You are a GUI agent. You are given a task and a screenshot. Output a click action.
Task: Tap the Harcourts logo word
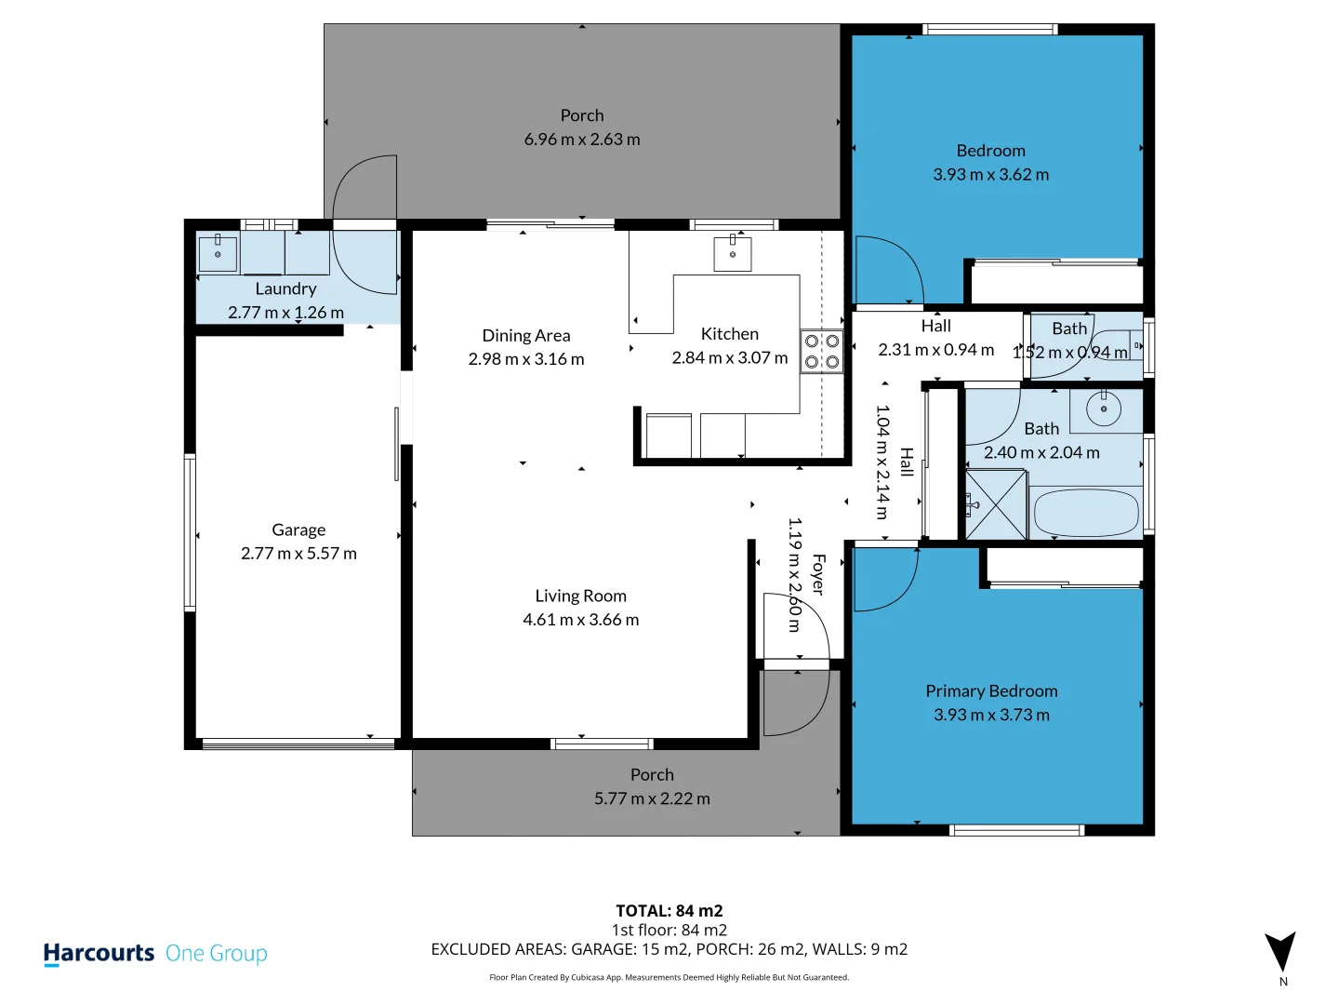tap(99, 953)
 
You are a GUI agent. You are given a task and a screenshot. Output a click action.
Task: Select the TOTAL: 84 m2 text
tap(669, 911)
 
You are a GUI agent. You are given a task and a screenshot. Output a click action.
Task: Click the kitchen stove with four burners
tap(822, 352)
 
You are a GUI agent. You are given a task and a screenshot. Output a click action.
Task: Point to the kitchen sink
tap(733, 253)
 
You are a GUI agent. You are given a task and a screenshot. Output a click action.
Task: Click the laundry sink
tap(218, 253)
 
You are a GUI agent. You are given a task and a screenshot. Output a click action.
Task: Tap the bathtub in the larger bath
tap(1086, 512)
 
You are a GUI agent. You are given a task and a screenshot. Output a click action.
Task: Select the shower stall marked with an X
tap(997, 505)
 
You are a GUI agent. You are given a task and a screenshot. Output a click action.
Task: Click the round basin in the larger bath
tap(1104, 409)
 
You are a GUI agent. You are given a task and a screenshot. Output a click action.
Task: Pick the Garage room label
tap(298, 529)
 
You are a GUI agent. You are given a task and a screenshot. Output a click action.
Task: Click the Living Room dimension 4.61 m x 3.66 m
tap(580, 620)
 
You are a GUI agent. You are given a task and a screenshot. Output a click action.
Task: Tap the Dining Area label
tap(526, 335)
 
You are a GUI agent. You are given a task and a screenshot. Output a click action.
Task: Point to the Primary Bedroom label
tap(991, 691)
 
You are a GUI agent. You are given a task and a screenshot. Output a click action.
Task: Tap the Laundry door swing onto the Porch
tap(365, 191)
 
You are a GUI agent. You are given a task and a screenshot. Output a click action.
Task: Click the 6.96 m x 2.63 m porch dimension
tap(582, 140)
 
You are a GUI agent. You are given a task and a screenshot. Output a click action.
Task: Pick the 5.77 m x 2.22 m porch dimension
tap(652, 798)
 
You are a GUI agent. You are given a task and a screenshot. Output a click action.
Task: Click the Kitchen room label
tap(729, 334)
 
